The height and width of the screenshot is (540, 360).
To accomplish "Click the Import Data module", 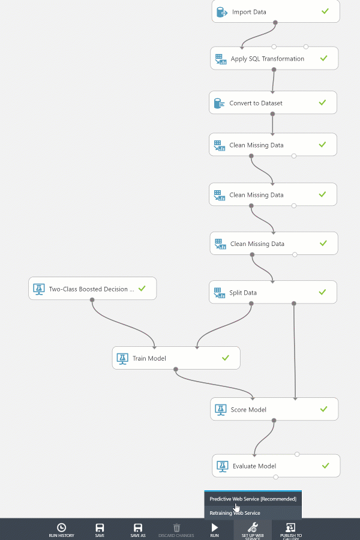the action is pyautogui.click(x=275, y=12).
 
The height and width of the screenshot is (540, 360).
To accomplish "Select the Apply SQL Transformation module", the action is pyautogui.click(x=274, y=58).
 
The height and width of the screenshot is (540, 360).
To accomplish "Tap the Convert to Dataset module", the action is pyautogui.click(x=273, y=103).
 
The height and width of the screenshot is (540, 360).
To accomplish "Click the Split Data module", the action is pyautogui.click(x=273, y=292).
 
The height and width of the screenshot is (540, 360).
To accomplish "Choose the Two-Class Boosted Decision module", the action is pyautogui.click(x=92, y=289).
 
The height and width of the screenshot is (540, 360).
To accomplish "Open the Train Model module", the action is pyautogui.click(x=176, y=358).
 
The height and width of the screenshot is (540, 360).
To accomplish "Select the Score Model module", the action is pyautogui.click(x=274, y=409).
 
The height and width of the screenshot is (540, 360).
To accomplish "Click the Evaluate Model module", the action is pyautogui.click(x=276, y=466).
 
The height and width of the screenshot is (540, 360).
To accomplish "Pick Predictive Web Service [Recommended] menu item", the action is pyautogui.click(x=253, y=499).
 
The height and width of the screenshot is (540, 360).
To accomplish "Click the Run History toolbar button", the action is pyautogui.click(x=61, y=530).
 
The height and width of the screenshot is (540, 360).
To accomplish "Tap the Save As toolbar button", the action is pyautogui.click(x=138, y=530).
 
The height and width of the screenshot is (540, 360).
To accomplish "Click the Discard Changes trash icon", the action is pyautogui.click(x=176, y=527).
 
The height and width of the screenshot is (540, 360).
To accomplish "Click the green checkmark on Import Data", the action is pyautogui.click(x=325, y=11).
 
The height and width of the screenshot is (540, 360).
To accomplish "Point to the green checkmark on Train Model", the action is pyautogui.click(x=226, y=358).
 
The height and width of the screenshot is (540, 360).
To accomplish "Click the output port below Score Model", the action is pyautogui.click(x=274, y=421).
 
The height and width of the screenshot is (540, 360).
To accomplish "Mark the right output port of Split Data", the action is pyautogui.click(x=294, y=304).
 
